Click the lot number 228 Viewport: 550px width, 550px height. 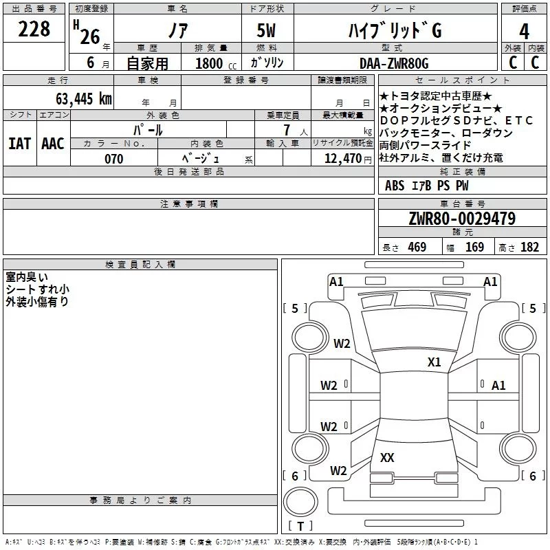(x=34, y=29)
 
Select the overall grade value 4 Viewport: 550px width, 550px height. (x=524, y=32)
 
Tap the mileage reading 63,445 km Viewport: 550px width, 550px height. (x=83, y=99)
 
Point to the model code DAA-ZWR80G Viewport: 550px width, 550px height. (x=394, y=63)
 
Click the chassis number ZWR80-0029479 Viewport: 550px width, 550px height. (x=462, y=219)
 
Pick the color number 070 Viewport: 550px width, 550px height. (x=114, y=159)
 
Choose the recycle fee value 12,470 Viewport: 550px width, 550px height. (x=342, y=158)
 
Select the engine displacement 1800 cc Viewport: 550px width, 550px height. (x=216, y=63)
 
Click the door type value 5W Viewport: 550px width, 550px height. (x=266, y=30)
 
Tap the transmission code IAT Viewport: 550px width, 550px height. (x=20, y=144)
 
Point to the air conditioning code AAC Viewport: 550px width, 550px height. (x=53, y=144)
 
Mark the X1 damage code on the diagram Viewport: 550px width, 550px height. (x=434, y=362)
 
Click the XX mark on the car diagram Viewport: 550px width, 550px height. (x=387, y=457)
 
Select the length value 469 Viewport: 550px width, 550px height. (x=417, y=247)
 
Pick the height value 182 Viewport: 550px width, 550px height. (x=529, y=247)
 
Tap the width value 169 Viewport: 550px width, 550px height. (x=474, y=247)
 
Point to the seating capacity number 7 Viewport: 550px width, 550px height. (x=287, y=130)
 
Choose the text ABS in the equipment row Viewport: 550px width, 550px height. (x=395, y=186)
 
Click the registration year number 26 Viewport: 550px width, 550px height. (x=90, y=37)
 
